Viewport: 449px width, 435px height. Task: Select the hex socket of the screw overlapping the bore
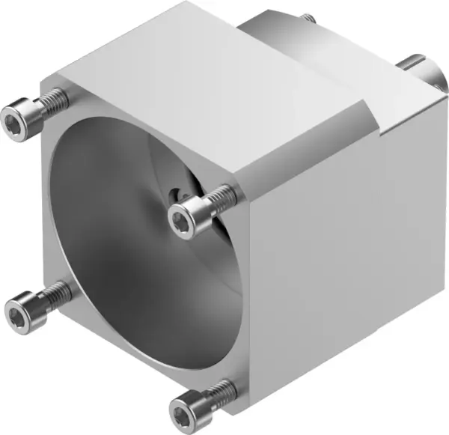[181, 219]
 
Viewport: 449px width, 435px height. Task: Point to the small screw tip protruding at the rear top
[307, 16]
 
